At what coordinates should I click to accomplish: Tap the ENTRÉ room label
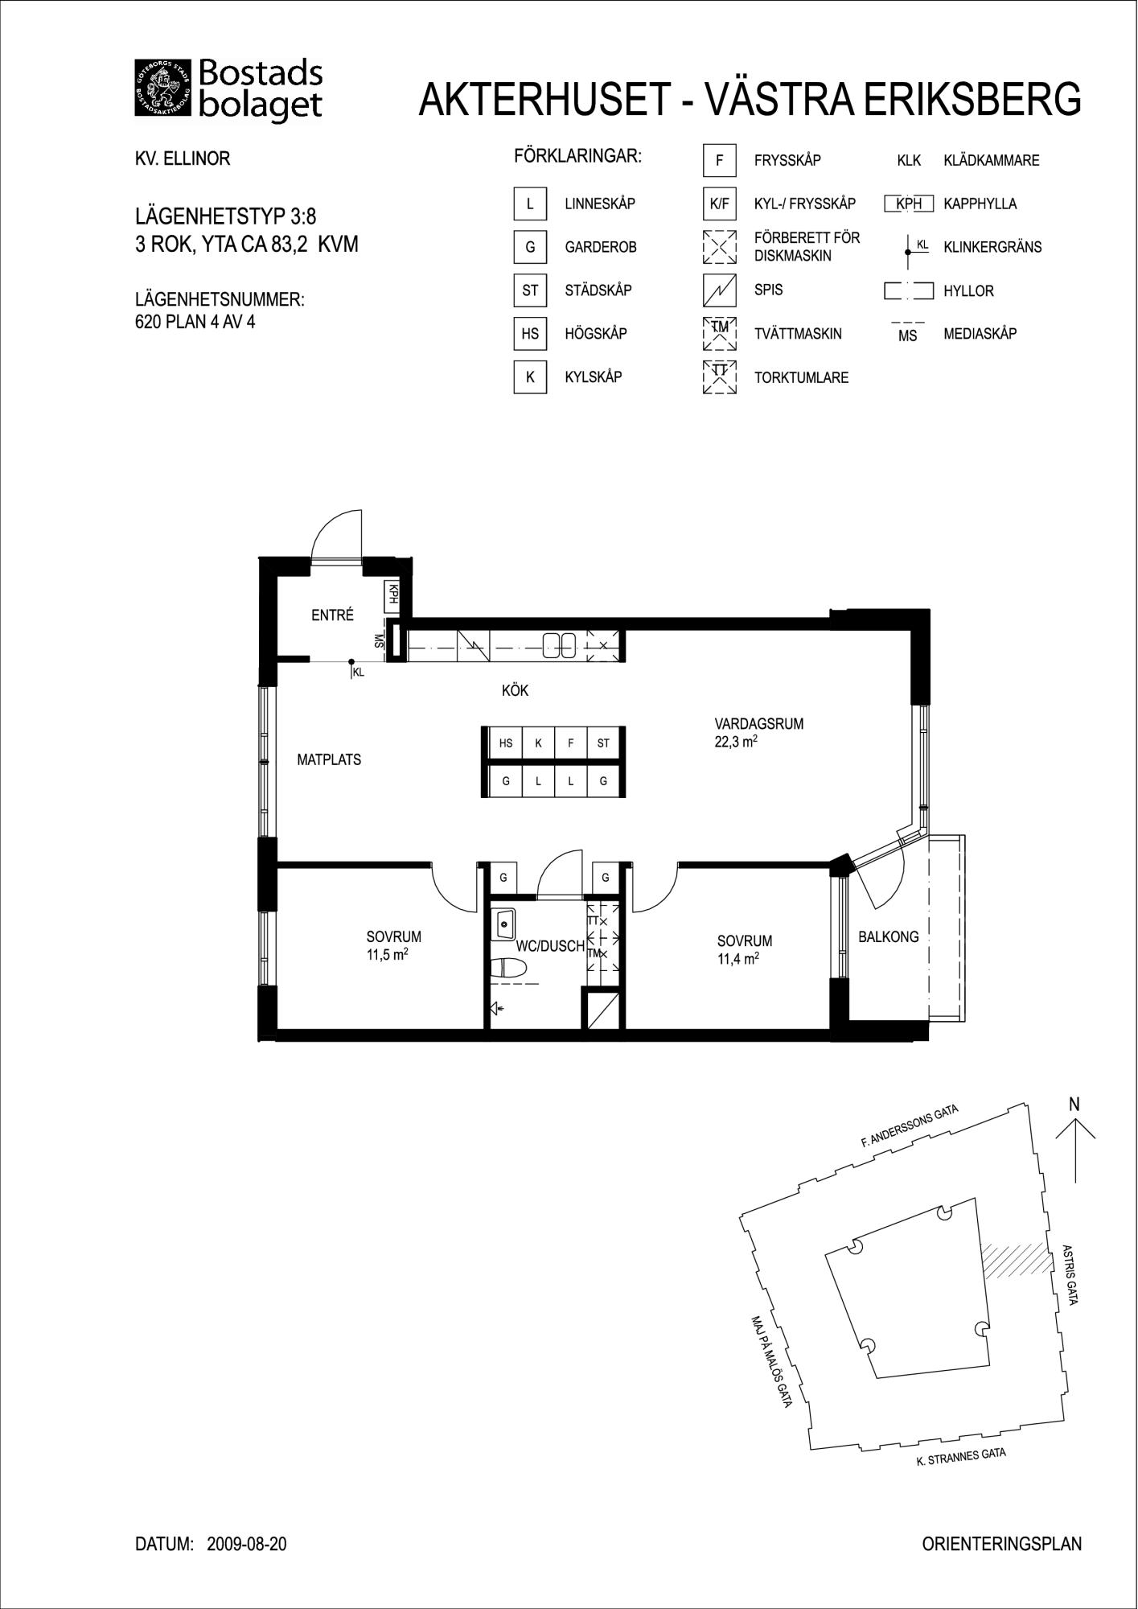pos(332,615)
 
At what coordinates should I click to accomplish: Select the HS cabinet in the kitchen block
pos(505,743)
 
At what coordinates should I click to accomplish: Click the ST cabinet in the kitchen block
pos(603,743)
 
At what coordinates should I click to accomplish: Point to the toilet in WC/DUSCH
pos(508,969)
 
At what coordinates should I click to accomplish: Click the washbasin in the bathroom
pos(505,924)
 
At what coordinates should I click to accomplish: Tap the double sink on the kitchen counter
pos(559,644)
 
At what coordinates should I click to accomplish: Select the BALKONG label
pos(889,936)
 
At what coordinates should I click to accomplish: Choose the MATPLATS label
pos(329,759)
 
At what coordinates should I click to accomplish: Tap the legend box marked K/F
pos(719,204)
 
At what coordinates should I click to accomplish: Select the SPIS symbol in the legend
pos(719,290)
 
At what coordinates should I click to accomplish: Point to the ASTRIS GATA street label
pos(1069,1274)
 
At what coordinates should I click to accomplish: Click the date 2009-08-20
pos(247,1545)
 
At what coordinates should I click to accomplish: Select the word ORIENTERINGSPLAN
pos(1002,1544)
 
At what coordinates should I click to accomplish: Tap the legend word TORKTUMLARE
pos(801,378)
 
